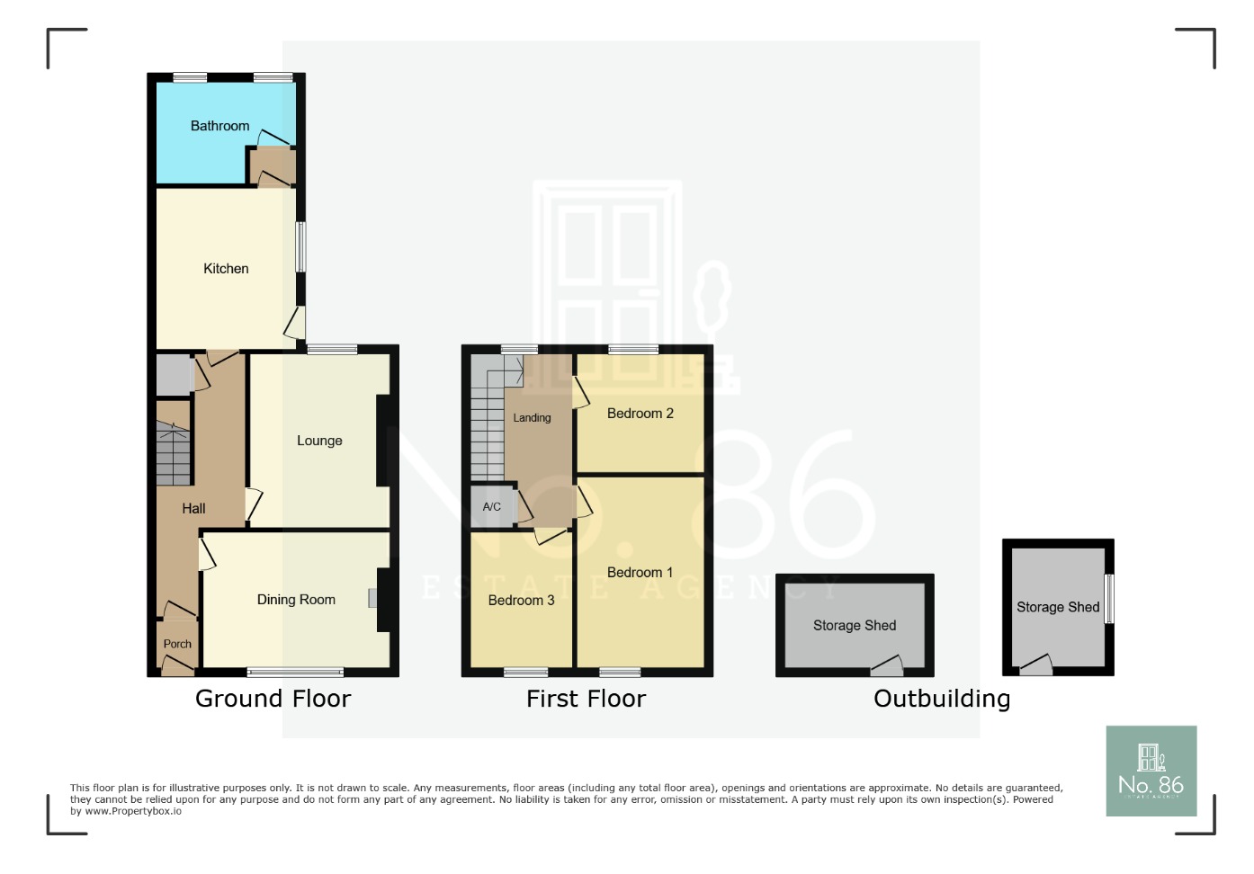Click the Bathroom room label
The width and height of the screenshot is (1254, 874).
point(219,126)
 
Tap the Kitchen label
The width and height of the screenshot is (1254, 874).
point(226,269)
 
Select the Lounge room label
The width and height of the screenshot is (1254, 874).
point(319,441)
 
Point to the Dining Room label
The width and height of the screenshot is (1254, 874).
point(296,600)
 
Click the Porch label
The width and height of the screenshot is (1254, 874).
point(177,644)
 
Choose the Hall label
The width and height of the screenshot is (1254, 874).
point(193,509)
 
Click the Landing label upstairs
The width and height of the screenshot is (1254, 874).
point(532,418)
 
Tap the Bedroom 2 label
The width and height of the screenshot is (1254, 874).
point(640,414)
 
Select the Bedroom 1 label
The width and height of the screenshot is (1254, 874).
point(640,573)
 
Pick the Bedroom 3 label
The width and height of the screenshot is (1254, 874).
point(521,601)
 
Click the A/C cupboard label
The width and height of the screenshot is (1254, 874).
point(491,507)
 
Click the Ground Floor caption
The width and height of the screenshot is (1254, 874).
point(273,699)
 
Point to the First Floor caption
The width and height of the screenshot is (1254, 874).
point(586,699)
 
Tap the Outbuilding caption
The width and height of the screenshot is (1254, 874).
point(942,699)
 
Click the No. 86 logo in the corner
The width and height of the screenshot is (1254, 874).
point(1151,771)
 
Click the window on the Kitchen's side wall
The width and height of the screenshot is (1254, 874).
point(300,246)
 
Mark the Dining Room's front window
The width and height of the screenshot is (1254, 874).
point(295,672)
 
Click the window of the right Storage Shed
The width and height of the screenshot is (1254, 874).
point(1109,599)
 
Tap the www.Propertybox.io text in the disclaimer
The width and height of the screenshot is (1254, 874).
point(133,811)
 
